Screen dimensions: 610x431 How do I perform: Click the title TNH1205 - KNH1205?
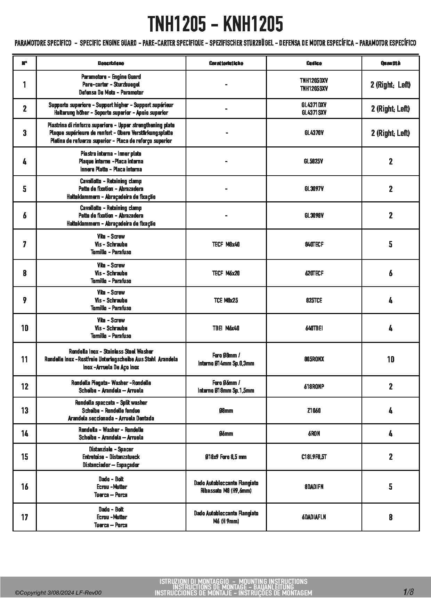pos(215,24)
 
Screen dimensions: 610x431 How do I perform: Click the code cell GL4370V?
pos(314,133)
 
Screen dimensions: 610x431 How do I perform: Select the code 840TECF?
pos(314,244)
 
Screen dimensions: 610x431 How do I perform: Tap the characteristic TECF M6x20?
pos(226,273)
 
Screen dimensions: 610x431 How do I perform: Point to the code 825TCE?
pos(314,300)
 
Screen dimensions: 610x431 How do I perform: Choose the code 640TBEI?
pos(314,328)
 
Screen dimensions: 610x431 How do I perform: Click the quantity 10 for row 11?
pos(390,359)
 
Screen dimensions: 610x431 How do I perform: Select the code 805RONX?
pos(314,359)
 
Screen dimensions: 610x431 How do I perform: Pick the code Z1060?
pos(314,411)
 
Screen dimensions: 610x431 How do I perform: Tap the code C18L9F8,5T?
pos(314,457)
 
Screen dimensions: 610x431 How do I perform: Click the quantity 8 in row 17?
pos(390,517)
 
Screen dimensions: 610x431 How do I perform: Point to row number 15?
pos(25,457)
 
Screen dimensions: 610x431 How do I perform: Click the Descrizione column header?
pos(111,63)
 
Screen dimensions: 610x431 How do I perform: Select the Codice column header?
pos(314,63)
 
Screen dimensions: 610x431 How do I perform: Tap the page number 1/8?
pos(408,592)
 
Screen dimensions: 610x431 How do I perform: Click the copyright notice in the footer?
pos(58,593)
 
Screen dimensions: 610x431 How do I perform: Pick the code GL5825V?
pos(314,161)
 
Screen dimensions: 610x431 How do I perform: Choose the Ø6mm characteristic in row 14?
pos(226,434)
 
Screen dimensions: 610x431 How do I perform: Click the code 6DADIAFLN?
pos(314,517)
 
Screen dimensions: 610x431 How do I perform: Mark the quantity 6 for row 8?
pos(390,273)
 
